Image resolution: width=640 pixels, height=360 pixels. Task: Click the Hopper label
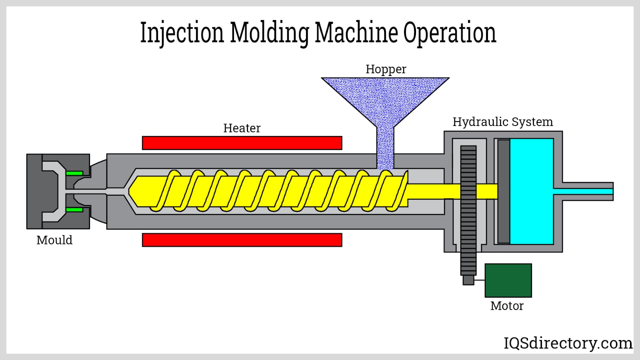pyautogui.click(x=386, y=69)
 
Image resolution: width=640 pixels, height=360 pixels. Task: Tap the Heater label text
pyautogui.click(x=242, y=128)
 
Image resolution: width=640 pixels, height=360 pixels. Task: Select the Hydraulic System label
pyautogui.click(x=502, y=122)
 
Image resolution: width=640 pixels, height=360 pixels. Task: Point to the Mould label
pyautogui.click(x=54, y=240)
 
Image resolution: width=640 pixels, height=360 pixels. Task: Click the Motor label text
pyautogui.click(x=507, y=306)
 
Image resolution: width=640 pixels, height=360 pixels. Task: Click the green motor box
pyautogui.click(x=508, y=280)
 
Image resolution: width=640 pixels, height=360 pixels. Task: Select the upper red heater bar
pyautogui.click(x=242, y=143)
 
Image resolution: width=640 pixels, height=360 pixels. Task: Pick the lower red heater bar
pyautogui.click(x=242, y=240)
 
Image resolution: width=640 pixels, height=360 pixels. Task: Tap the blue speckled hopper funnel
pyautogui.click(x=385, y=100)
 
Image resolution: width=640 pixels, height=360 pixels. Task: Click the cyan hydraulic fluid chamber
pyautogui.click(x=532, y=191)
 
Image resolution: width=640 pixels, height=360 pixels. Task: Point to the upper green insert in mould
pyautogui.click(x=74, y=173)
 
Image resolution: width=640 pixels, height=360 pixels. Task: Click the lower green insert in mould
pyautogui.click(x=74, y=210)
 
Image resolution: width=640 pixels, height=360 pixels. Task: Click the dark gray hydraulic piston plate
pyautogui.click(x=504, y=191)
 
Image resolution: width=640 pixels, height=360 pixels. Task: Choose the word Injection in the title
pyautogui.click(x=182, y=33)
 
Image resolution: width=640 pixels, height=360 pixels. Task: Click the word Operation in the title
pyautogui.click(x=450, y=33)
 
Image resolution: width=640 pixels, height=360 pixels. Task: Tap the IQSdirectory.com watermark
pyautogui.click(x=568, y=343)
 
